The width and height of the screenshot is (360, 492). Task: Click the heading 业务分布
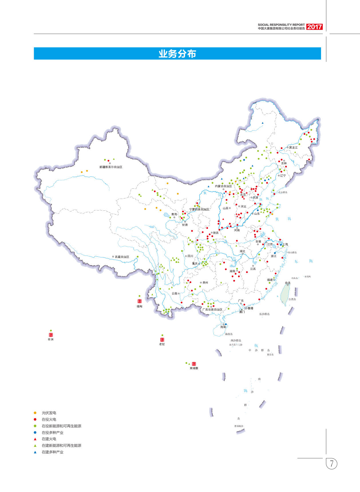[x=177, y=54]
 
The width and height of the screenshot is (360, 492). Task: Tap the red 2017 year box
[x=314, y=27]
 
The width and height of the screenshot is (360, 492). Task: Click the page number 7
[x=332, y=463]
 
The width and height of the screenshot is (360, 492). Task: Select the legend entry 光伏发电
[x=49, y=413]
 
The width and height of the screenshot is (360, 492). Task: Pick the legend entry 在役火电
[x=49, y=419]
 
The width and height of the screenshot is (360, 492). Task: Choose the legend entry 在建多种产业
[x=52, y=452]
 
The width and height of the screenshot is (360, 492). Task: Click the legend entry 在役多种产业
[x=52, y=432]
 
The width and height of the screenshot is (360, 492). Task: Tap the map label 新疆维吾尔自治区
[x=111, y=167]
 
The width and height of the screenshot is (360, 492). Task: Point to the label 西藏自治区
[x=122, y=257]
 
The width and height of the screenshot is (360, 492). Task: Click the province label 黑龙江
[x=293, y=147]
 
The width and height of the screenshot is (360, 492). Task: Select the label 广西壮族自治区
[x=212, y=309]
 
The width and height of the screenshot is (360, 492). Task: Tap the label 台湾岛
[x=292, y=299]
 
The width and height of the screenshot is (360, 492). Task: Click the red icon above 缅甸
[x=139, y=301]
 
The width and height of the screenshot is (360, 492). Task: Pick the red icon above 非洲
[x=51, y=335]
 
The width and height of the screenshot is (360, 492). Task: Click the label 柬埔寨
[x=194, y=368]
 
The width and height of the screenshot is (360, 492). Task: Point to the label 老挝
[x=162, y=344]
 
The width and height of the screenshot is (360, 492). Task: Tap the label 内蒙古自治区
[x=223, y=186]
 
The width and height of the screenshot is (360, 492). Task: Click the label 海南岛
[x=229, y=334]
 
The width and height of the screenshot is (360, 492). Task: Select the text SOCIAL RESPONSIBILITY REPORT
[x=281, y=25]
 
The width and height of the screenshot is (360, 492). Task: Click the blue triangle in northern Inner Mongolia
[x=262, y=123]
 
